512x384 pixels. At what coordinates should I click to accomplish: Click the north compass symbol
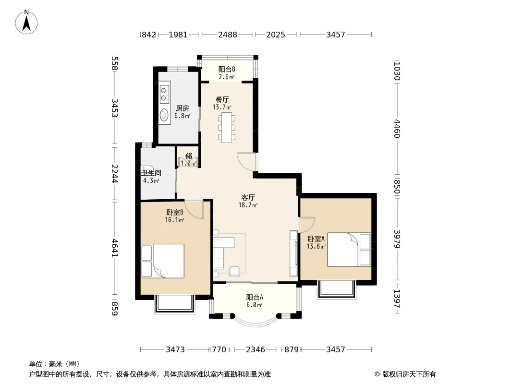(26, 22)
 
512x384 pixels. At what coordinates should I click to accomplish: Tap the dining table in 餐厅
(227, 127)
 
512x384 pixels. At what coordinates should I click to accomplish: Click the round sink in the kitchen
(164, 115)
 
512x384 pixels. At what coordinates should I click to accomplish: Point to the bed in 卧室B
(163, 261)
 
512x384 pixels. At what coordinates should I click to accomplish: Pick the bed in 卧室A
(349, 250)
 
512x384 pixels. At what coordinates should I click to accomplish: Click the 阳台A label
(255, 298)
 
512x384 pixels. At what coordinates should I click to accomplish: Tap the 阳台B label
(227, 70)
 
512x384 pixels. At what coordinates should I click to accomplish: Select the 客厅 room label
(248, 198)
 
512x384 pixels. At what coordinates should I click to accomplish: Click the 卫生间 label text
(151, 173)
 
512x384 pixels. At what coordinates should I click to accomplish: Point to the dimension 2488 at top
(228, 35)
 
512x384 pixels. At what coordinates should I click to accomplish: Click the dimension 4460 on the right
(397, 129)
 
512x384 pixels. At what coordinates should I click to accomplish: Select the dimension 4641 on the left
(115, 248)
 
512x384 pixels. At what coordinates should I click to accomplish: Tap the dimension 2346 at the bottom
(256, 350)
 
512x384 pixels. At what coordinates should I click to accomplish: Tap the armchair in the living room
(234, 271)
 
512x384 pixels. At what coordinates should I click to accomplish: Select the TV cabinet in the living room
(293, 253)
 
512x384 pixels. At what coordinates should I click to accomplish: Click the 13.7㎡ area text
(222, 108)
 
